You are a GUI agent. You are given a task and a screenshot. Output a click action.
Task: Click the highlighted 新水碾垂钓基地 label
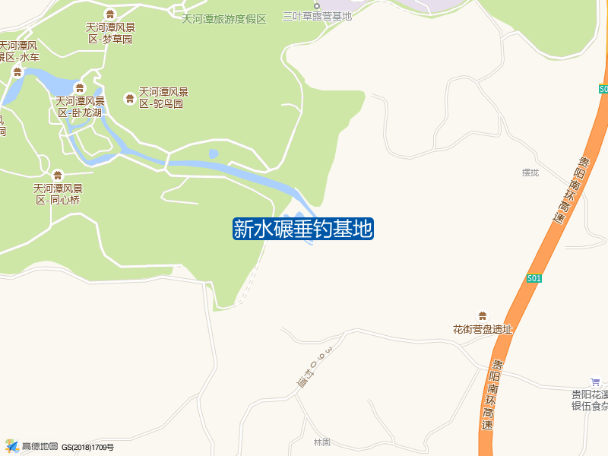pos(302,229)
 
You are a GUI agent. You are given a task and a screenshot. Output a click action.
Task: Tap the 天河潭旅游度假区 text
pos(224,18)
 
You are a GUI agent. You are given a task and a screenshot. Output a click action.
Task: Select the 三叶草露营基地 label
pos(317,16)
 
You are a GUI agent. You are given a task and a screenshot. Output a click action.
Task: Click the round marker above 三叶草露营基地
pos(317,5)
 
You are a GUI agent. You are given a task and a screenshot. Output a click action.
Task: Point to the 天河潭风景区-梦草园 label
pos(110,33)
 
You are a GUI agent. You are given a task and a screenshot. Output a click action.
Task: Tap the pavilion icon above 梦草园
pos(110,14)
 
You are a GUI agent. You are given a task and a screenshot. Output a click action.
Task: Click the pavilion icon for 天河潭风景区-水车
pos(17,72)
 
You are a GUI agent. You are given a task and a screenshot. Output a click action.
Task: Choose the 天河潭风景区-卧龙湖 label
pos(80,106)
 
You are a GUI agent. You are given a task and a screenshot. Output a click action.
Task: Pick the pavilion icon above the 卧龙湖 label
pos(80,88)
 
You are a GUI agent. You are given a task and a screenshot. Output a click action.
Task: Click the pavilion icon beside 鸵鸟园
pos(129,98)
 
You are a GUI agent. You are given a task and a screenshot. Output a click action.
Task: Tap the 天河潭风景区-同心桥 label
pos(58,194)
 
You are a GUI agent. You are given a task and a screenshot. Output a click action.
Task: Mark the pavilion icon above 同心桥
pos(58,176)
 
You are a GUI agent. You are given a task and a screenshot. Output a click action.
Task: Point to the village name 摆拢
pos(530,173)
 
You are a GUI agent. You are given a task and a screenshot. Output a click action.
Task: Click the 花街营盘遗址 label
pos(483,330)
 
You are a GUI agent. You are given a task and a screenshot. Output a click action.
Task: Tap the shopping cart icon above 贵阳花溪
pos(595,382)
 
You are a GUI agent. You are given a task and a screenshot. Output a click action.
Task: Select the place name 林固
pos(323,442)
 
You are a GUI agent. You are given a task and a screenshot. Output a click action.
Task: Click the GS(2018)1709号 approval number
pos(87,447)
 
